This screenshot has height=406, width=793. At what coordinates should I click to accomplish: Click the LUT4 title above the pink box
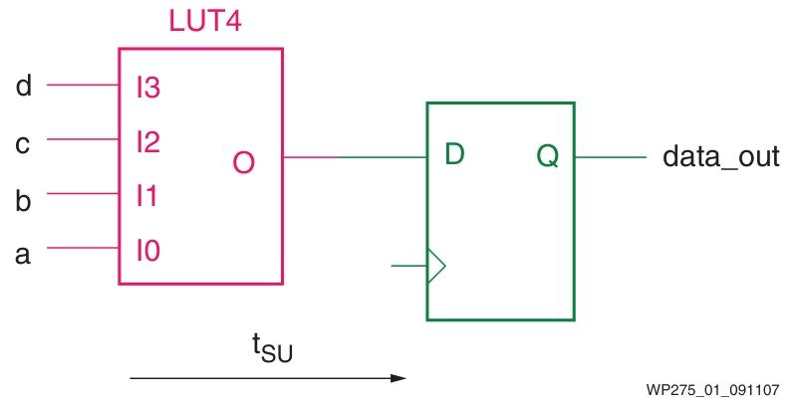pos(201,22)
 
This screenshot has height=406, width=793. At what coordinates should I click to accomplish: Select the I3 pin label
pos(148,89)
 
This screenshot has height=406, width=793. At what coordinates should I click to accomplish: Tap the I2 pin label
pos(148,143)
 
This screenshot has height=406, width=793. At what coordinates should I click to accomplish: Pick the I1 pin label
pos(147,197)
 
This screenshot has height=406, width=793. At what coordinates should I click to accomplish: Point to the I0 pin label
pos(148,251)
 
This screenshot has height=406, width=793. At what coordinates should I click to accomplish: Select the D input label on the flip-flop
pos(455,155)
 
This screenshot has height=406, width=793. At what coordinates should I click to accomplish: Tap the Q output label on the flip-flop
pos(548,155)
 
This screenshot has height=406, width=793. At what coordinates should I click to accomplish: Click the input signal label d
pos(24,87)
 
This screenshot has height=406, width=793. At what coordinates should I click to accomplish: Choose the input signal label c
pos(24,144)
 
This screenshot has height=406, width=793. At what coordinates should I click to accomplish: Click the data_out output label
pos(721,157)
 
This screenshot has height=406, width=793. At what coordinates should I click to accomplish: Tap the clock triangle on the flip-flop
pos(436,266)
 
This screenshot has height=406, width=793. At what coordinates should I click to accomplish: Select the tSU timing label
pos(269,349)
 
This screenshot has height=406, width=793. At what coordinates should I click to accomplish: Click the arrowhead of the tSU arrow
pos(399,378)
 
